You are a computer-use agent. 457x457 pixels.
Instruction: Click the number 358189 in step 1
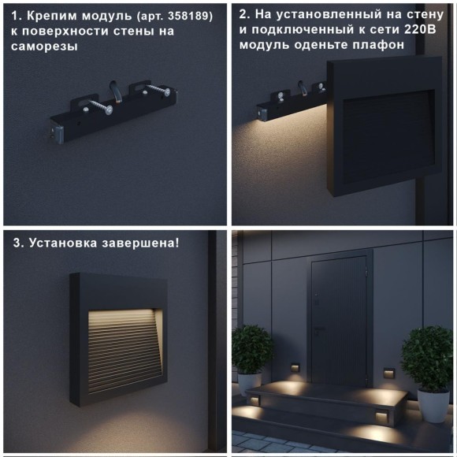click(189, 15)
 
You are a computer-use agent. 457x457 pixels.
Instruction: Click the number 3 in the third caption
click(17, 243)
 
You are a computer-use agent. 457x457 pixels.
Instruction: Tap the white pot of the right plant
click(432, 404)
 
